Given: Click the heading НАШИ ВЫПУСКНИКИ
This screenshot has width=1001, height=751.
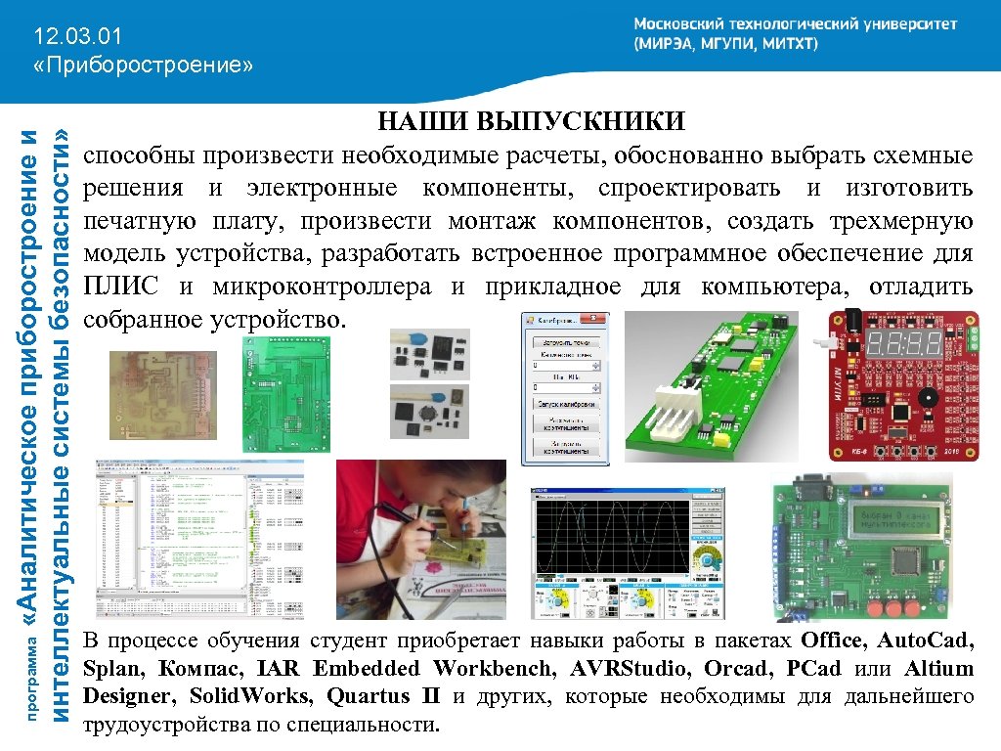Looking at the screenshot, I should (x=531, y=123).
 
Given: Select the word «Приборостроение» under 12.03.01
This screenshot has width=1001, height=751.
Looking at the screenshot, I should (x=143, y=66).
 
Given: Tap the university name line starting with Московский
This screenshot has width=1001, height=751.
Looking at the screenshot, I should (x=795, y=24).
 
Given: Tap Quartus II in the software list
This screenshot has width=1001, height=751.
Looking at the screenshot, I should (x=383, y=697).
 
